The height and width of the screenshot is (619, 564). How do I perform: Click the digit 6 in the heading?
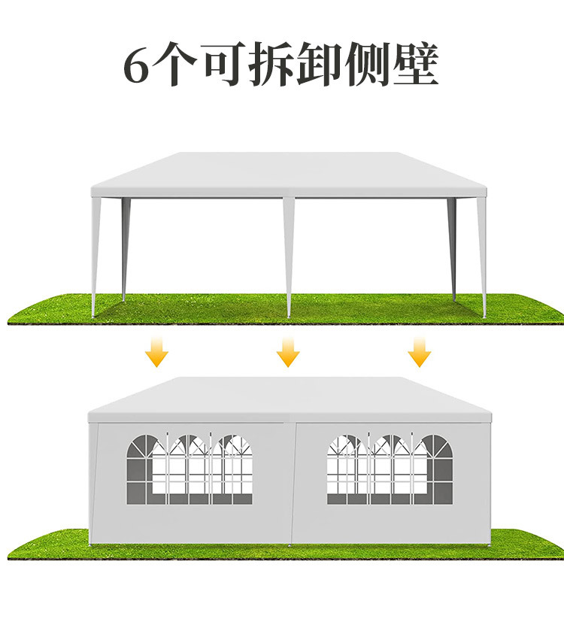[138, 66]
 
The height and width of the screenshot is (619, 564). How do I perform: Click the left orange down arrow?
[157, 351]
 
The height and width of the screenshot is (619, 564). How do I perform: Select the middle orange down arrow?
[288, 351]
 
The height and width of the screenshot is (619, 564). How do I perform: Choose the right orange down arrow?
[419, 351]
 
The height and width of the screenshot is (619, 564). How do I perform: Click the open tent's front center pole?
[289, 256]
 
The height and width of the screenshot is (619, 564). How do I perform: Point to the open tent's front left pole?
[95, 256]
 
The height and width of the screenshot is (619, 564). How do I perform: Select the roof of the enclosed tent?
[290, 397]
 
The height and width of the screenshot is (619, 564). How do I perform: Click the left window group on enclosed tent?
[189, 469]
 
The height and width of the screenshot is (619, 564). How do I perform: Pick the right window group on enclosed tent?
[390, 469]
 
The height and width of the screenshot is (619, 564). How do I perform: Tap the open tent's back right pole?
[452, 248]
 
